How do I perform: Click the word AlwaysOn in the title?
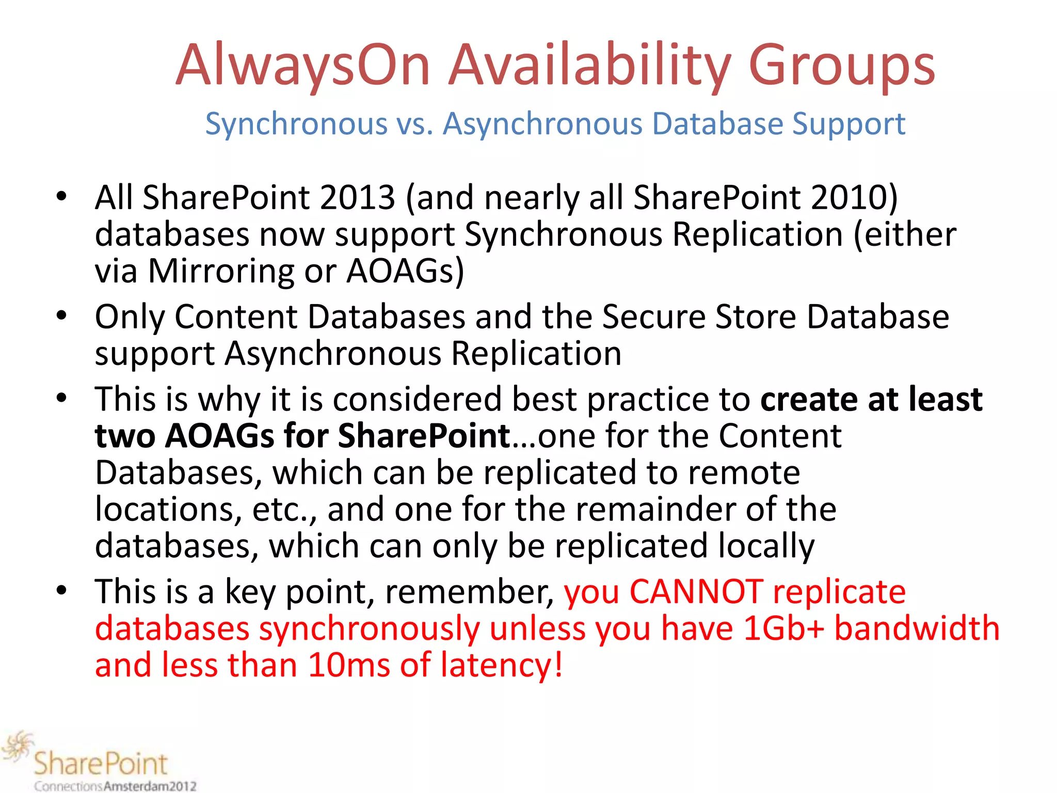pyautogui.click(x=303, y=66)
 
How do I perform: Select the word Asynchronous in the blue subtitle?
pyautogui.click(x=542, y=124)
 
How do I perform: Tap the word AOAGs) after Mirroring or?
pyautogui.click(x=405, y=272)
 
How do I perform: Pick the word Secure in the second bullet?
pyautogui.click(x=653, y=317)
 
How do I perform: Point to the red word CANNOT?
pyautogui.click(x=696, y=592)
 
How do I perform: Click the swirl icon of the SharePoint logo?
pyautogui.click(x=17, y=747)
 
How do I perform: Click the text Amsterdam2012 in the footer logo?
pyautogui.click(x=150, y=786)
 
